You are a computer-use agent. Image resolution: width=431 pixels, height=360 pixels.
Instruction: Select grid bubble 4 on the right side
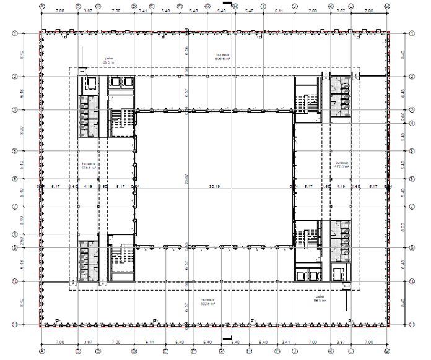point(411,122)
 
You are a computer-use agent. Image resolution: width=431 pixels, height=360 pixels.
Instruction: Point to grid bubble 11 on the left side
point(14,324)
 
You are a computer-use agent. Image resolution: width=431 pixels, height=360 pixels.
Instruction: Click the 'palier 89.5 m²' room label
point(109,61)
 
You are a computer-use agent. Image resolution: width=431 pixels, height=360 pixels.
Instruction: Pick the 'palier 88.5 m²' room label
point(320,298)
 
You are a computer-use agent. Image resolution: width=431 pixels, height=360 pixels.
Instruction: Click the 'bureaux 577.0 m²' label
point(341,165)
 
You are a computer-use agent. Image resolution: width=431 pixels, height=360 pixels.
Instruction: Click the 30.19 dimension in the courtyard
point(214,186)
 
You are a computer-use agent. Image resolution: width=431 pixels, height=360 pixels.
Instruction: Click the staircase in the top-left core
point(121,117)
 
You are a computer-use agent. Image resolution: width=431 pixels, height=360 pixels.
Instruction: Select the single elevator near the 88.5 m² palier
point(339,273)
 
